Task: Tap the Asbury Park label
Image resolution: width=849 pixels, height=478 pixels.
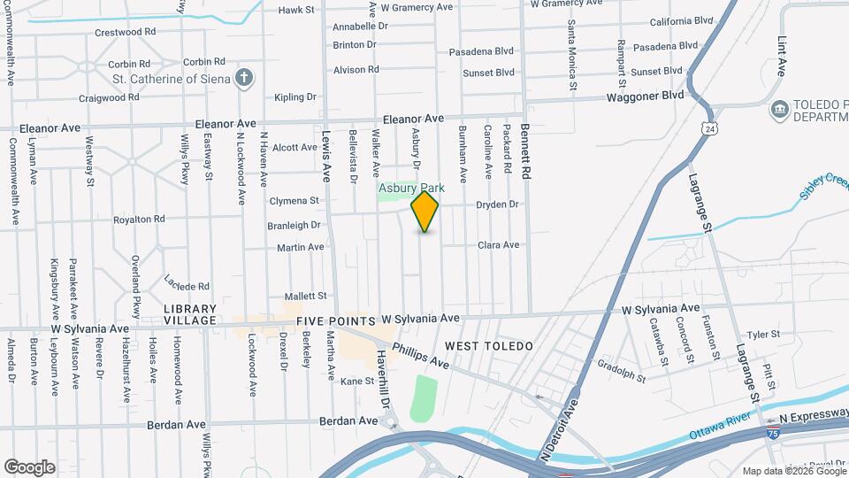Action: click(x=411, y=188)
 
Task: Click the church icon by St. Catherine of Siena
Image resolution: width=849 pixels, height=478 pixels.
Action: click(x=245, y=79)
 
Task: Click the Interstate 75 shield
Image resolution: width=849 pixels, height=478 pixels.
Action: click(x=774, y=434)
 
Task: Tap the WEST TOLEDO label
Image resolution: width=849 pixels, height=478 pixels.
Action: click(x=489, y=344)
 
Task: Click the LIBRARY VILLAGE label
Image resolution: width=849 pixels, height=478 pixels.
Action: click(x=190, y=314)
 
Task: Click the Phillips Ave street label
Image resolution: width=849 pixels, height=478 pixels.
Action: click(x=421, y=356)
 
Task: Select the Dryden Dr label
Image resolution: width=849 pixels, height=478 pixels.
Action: click(x=497, y=204)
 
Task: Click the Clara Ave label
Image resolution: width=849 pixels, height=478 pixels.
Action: click(x=498, y=245)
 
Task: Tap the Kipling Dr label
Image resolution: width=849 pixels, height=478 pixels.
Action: click(x=295, y=97)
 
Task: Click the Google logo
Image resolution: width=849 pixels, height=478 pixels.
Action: click(x=29, y=466)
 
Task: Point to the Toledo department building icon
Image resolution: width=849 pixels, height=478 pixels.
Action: click(x=780, y=111)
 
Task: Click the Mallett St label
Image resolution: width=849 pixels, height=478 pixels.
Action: click(x=306, y=296)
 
